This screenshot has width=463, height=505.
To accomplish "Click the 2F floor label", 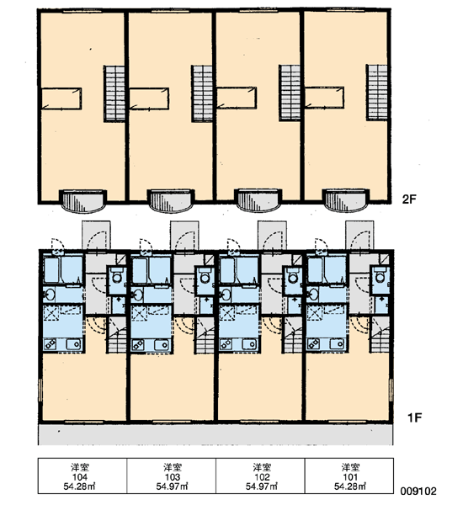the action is pos(409,199).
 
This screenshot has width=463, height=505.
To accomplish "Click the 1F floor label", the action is pos(414,417).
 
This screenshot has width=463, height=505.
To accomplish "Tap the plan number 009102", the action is pos(418,491).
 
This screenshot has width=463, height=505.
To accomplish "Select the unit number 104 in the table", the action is pos(80,476).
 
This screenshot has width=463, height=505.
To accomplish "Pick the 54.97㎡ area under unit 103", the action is pos(173,486).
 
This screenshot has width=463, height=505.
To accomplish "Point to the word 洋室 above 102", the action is pos(262,467).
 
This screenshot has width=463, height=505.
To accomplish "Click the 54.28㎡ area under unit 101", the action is pos(350,486).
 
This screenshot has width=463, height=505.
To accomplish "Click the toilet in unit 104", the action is pos(117,276).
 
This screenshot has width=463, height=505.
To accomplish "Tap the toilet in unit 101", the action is pos(380,276).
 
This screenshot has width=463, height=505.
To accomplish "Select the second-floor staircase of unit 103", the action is pos(202,93).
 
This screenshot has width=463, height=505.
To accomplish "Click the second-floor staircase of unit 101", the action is pos(377,92).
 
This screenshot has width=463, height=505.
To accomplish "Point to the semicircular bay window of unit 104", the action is pos(83,200).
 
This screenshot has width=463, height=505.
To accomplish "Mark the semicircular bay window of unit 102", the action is pos(258,200).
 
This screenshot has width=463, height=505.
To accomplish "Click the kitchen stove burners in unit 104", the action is pos(51,344).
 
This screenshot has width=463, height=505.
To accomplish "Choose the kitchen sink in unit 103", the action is pos(162,345).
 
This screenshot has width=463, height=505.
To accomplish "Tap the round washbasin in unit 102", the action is pos(225,295).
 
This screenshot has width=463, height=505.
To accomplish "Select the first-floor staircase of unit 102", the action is pos(293,335).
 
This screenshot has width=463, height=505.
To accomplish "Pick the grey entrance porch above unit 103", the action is pos(184,235).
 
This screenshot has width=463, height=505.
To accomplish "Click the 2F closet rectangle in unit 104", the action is pos(61,98).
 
